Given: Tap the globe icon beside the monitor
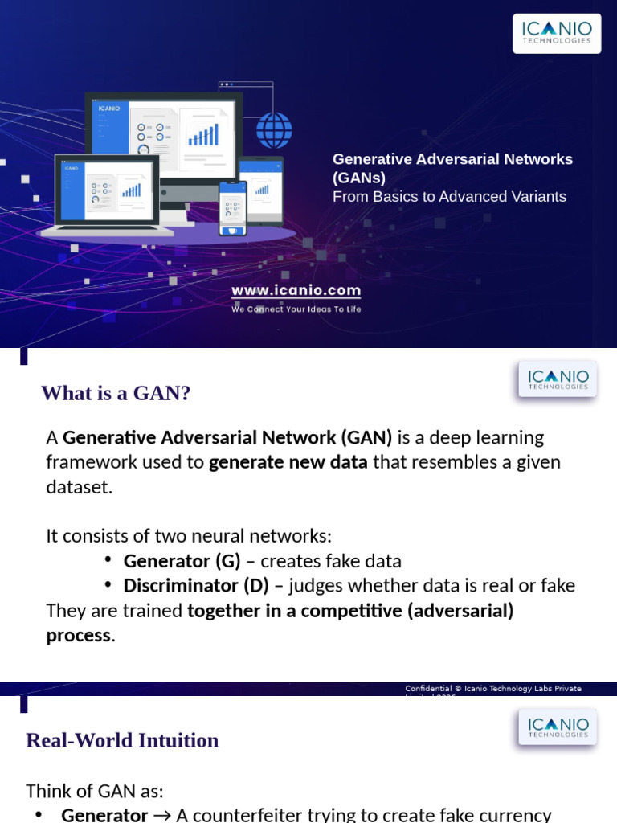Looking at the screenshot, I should click(274, 129).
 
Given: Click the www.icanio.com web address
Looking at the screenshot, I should click(296, 290).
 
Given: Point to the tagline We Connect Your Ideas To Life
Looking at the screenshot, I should click(296, 309).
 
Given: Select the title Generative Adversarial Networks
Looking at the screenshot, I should click(452, 159).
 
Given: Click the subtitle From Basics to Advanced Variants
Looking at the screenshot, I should click(449, 197).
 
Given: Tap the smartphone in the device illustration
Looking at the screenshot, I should click(233, 207).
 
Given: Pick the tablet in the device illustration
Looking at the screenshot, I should click(262, 190).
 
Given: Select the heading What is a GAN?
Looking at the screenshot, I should click(116, 393).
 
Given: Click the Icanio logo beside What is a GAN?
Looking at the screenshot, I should click(558, 379).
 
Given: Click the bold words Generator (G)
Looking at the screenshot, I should click(182, 561).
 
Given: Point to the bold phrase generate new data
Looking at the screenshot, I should click(288, 462).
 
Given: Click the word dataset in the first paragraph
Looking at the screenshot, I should click(80, 487).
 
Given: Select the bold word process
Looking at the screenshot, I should click(78, 635).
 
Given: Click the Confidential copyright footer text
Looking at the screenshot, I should click(492, 689).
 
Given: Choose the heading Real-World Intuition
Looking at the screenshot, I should click(122, 740).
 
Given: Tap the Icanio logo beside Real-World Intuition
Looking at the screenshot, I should click(558, 726).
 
